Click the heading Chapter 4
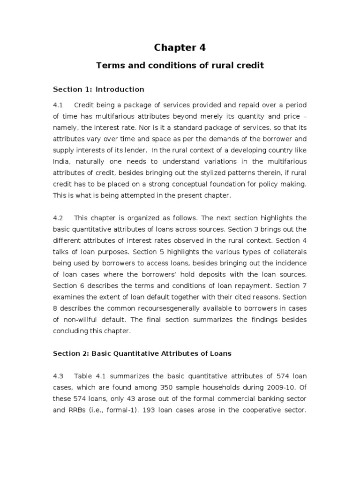180,47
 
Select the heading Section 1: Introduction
98,89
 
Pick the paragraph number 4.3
58,376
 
